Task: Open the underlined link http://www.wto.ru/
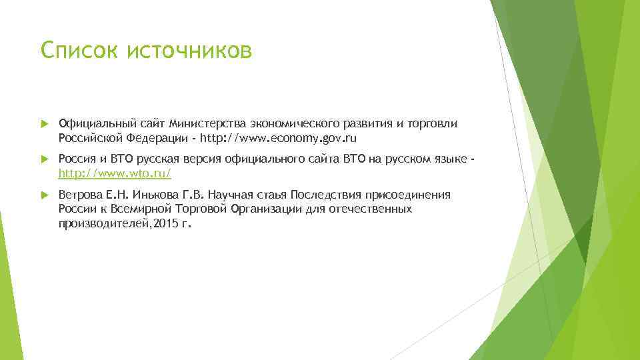point(115,173)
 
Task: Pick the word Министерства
point(208,123)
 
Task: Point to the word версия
point(187,159)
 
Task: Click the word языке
point(451,159)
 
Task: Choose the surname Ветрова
point(79,195)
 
